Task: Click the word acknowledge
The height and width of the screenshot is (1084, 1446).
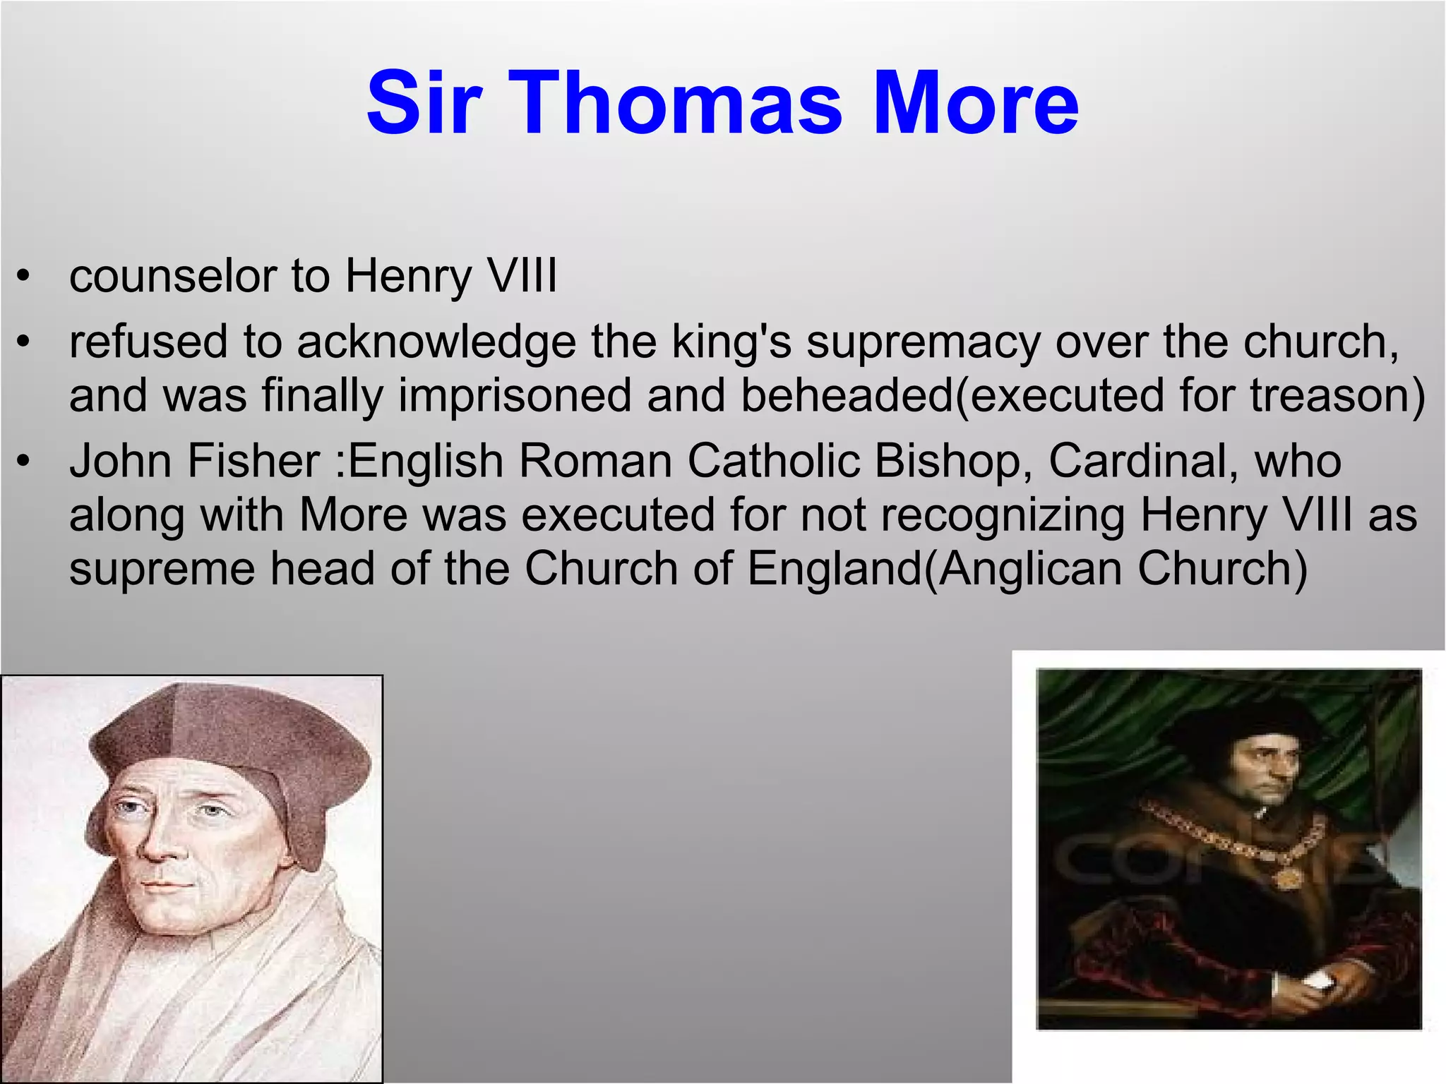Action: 436,344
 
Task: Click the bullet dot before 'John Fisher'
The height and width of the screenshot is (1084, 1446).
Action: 24,462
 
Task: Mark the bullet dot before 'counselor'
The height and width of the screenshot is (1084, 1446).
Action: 24,276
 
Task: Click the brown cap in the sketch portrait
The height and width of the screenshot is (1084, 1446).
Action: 233,741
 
